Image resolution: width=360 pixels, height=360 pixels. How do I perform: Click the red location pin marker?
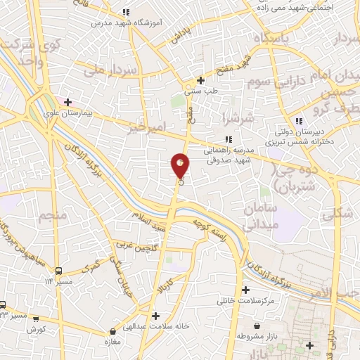[x=181, y=166]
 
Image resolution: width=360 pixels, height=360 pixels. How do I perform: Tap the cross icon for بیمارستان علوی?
[x=67, y=102]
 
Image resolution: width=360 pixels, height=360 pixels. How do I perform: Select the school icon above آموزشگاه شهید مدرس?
[x=126, y=12]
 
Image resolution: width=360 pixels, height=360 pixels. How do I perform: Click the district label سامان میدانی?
[x=262, y=217]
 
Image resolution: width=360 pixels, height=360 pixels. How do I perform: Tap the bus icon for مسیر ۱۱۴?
[x=59, y=271]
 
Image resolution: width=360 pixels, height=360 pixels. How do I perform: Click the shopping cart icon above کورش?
[x=36, y=319]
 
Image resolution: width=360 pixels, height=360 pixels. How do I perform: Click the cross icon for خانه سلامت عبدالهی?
[x=155, y=316]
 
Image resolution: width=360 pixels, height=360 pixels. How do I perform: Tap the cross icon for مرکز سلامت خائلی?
[x=245, y=290]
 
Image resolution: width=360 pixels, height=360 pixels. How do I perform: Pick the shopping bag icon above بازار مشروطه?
[x=257, y=326]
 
